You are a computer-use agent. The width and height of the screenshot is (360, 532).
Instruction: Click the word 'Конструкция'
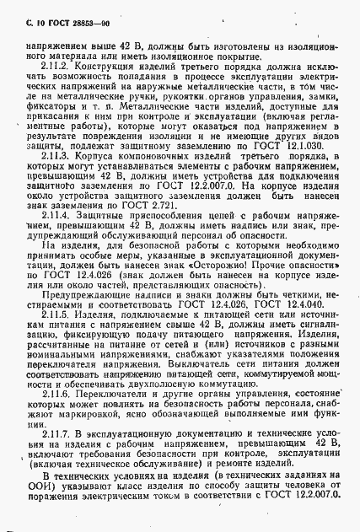click(x=104, y=66)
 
